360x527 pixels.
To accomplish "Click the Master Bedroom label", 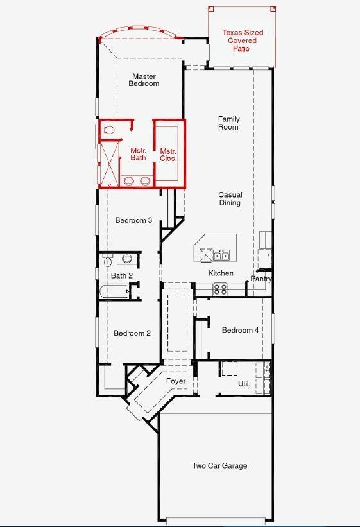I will click(144, 80).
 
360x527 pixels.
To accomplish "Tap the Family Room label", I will click(228, 123).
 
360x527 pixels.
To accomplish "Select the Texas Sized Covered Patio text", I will click(243, 40).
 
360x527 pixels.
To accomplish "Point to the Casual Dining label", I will click(229, 199).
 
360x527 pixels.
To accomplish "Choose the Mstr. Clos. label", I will click(168, 154).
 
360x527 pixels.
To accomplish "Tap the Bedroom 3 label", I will click(133, 220).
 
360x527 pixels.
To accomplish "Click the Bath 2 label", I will click(121, 276).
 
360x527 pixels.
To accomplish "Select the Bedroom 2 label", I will click(132, 333).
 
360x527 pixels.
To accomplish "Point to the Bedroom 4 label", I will click(240, 330).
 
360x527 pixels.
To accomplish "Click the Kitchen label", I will click(221, 273).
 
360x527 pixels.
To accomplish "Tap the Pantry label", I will click(261, 279).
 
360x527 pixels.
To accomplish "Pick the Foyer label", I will click(176, 381).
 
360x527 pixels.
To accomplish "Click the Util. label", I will click(244, 384).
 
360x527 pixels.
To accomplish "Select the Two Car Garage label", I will click(219, 466).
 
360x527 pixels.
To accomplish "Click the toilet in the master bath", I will click(108, 130).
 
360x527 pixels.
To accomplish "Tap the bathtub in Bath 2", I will click(114, 293).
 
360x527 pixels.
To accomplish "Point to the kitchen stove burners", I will click(220, 289).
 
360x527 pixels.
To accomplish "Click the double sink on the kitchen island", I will click(221, 255).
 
